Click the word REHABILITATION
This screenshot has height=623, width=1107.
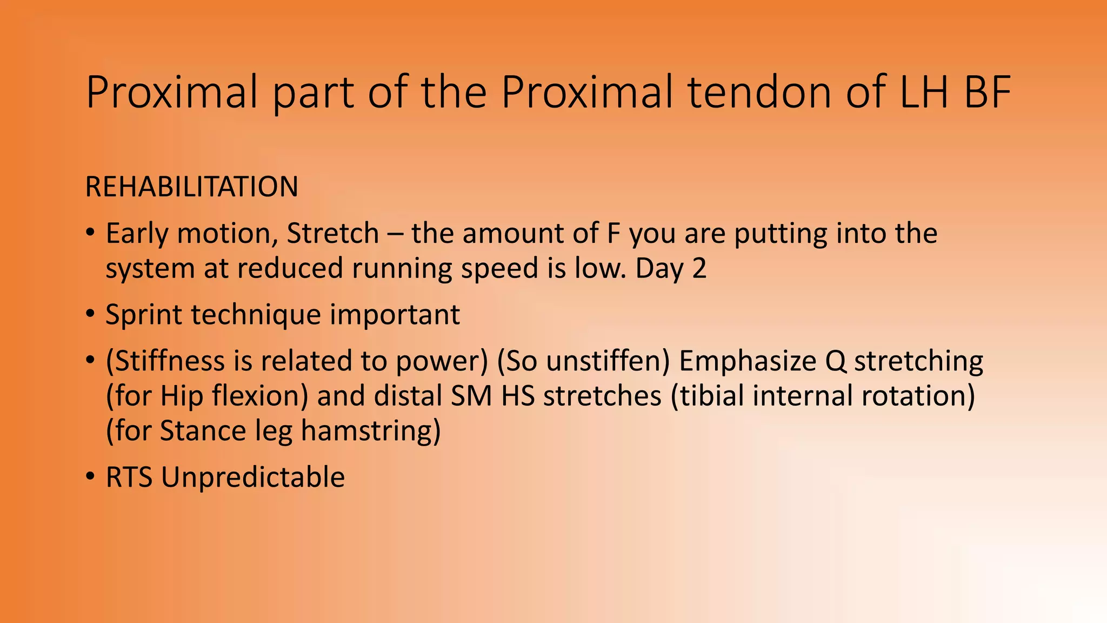pos(191,187)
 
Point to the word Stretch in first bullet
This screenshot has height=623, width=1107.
pos(332,234)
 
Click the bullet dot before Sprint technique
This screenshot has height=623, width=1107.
pos(90,314)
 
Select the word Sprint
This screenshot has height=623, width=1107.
pos(144,315)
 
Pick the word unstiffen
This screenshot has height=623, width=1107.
pos(606,361)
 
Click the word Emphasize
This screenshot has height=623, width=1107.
pos(748,361)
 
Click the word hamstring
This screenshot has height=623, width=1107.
pos(366,432)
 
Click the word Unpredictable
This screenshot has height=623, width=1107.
pos(252,478)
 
